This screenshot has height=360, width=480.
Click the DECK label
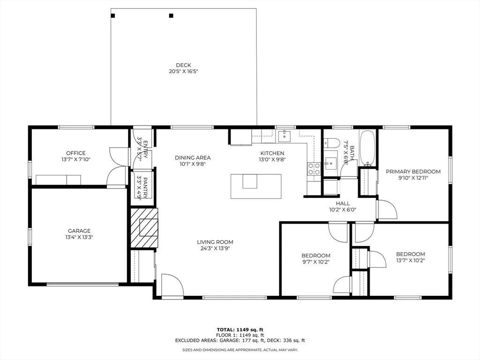(x=183, y=65)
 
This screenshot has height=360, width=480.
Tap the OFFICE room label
(x=76, y=153)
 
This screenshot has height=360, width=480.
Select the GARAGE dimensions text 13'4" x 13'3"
(x=79, y=237)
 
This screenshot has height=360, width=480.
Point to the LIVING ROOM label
(x=215, y=242)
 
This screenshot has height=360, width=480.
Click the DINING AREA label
(x=193, y=157)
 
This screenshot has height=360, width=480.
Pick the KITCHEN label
(x=272, y=153)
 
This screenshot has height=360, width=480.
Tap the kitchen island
(x=256, y=186)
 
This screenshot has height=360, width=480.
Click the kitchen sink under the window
(x=285, y=136)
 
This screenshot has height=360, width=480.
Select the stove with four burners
(x=314, y=169)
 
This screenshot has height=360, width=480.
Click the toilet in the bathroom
(x=332, y=142)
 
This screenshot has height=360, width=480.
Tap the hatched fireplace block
(x=144, y=228)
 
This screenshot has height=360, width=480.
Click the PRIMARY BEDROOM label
(x=413, y=172)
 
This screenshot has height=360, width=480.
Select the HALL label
(x=343, y=203)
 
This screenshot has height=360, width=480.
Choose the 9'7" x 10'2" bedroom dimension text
(x=315, y=262)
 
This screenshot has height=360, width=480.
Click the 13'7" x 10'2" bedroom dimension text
(x=411, y=261)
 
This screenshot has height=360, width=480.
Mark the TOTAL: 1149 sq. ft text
(x=240, y=330)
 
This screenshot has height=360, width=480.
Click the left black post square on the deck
(x=113, y=15)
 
